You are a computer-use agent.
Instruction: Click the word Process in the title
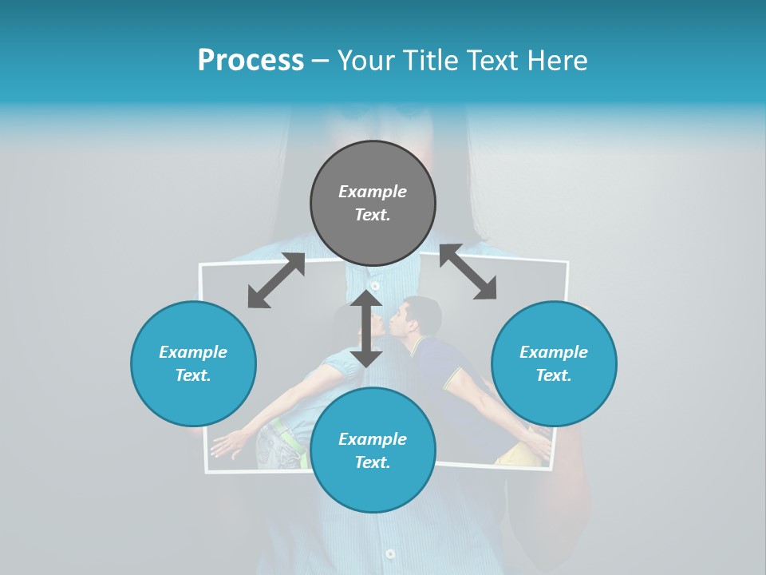click(x=251, y=61)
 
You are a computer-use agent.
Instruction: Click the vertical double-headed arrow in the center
click(x=366, y=328)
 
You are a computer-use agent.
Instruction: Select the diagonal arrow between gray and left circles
click(x=276, y=280)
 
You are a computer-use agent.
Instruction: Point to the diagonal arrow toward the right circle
click(x=468, y=272)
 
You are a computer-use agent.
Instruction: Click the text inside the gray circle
click(x=373, y=203)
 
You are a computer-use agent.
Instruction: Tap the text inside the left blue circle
click(x=193, y=363)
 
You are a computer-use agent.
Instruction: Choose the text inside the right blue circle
click(x=554, y=363)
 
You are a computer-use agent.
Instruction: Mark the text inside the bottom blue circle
click(x=373, y=450)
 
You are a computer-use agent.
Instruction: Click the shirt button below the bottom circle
click(x=389, y=553)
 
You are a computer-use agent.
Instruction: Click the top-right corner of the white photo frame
click(x=567, y=262)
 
